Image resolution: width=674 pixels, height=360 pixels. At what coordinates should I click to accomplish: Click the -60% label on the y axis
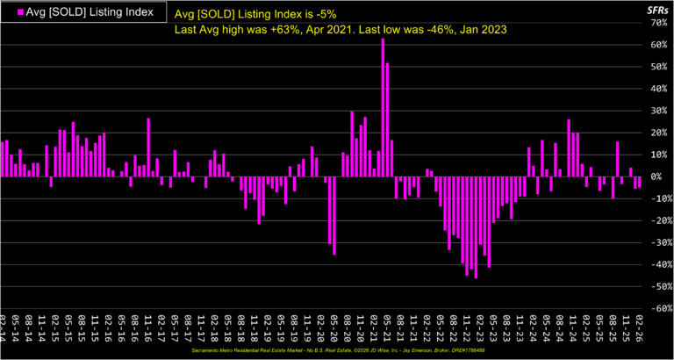coord(658,309)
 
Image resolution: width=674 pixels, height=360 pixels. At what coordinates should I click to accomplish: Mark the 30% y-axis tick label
coord(660,111)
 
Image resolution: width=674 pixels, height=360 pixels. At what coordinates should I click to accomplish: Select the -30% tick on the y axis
coord(658,243)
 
